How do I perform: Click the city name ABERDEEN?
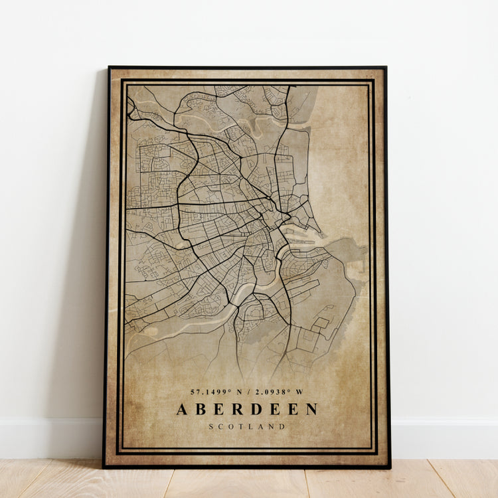click(247, 409)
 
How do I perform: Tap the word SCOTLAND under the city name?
click(247, 426)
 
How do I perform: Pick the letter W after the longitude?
click(300, 392)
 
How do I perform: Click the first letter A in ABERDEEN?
click(182, 409)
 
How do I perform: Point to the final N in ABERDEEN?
click(311, 409)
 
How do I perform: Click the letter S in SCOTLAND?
click(211, 426)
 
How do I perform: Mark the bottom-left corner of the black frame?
click(104, 467)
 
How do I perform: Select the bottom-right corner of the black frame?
click(390, 467)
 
